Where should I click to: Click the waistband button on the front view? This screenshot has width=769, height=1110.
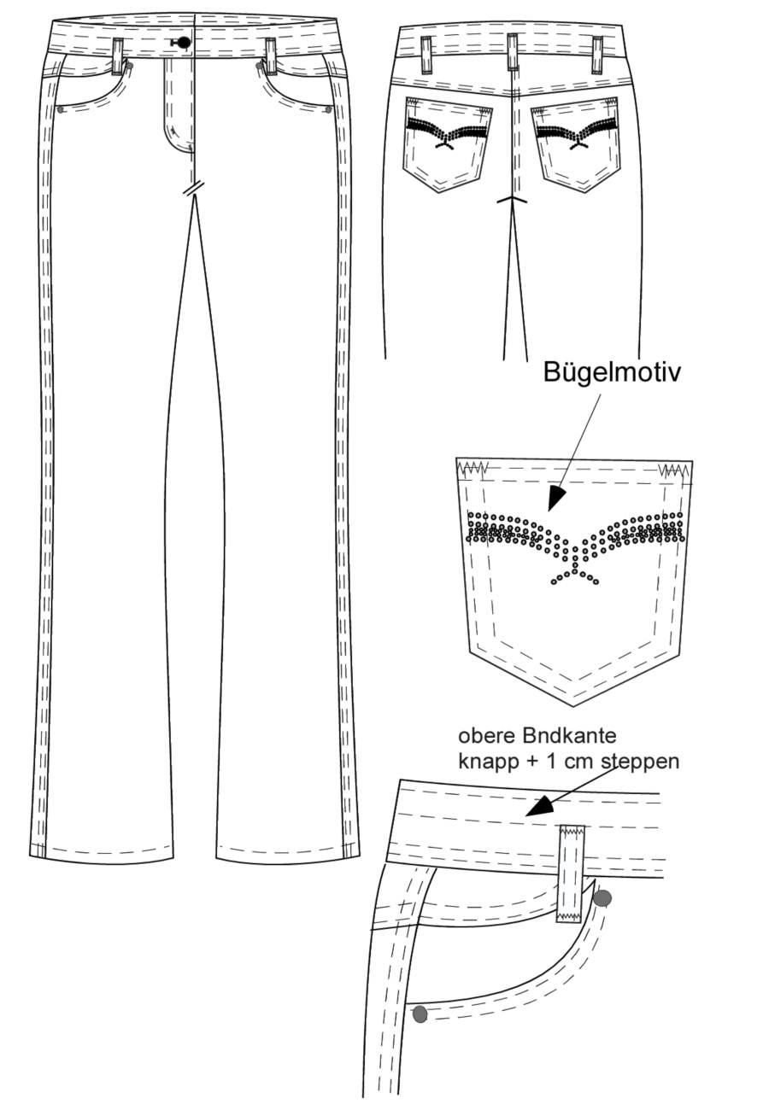click(x=184, y=43)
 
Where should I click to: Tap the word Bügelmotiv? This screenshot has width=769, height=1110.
click(x=611, y=372)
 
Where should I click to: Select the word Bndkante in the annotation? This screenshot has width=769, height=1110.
click(x=569, y=736)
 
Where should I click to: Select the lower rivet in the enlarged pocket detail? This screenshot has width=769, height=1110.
click(x=420, y=1014)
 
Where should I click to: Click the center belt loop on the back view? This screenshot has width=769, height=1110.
click(x=512, y=53)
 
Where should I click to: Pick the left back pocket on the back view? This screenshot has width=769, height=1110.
click(x=448, y=144)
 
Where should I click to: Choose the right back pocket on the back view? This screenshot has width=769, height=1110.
click(x=576, y=144)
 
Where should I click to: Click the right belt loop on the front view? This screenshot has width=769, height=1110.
click(x=270, y=56)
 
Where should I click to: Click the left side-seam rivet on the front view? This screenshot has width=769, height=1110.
click(x=61, y=109)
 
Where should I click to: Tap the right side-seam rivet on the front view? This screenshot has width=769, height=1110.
click(x=328, y=108)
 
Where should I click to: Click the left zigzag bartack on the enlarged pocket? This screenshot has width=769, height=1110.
click(x=473, y=467)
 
